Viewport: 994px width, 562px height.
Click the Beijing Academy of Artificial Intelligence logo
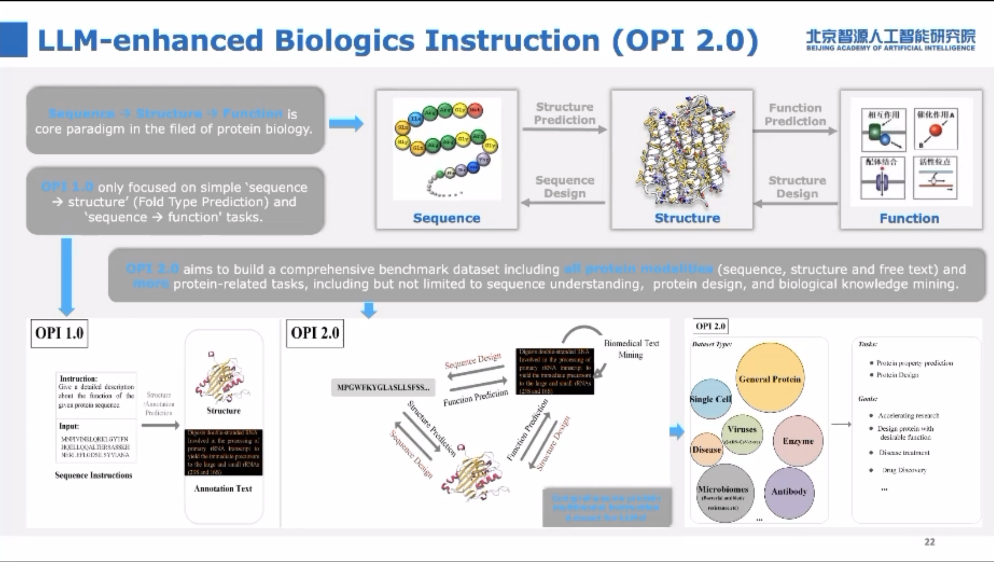pos(890,40)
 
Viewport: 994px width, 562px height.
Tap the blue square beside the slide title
pos(14,40)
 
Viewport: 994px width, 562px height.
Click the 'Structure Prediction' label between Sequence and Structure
pos(564,113)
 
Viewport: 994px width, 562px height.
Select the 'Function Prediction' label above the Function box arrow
pos(795,114)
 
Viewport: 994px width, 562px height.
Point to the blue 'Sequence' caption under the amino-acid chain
pos(446,218)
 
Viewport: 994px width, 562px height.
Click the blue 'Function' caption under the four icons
pos(909,219)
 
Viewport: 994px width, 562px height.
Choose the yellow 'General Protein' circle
pos(770,378)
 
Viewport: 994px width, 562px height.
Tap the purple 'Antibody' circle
pos(789,492)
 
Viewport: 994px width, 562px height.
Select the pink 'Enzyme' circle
pos(798,441)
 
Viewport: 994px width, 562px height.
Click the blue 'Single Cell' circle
pos(710,399)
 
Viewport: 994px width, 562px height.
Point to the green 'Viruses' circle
pos(742,433)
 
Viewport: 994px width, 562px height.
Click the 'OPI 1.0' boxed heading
pos(59,333)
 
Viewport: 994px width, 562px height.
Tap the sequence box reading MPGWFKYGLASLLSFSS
pos(383,387)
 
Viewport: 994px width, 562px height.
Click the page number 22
pos(930,541)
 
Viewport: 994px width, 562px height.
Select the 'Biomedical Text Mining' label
pos(631,349)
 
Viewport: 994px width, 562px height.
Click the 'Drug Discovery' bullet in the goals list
pos(904,470)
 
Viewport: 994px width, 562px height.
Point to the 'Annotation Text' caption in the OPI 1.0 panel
pos(223,489)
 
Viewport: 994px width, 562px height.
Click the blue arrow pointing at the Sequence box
pos(346,123)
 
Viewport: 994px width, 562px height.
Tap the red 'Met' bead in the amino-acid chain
pos(475,110)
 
